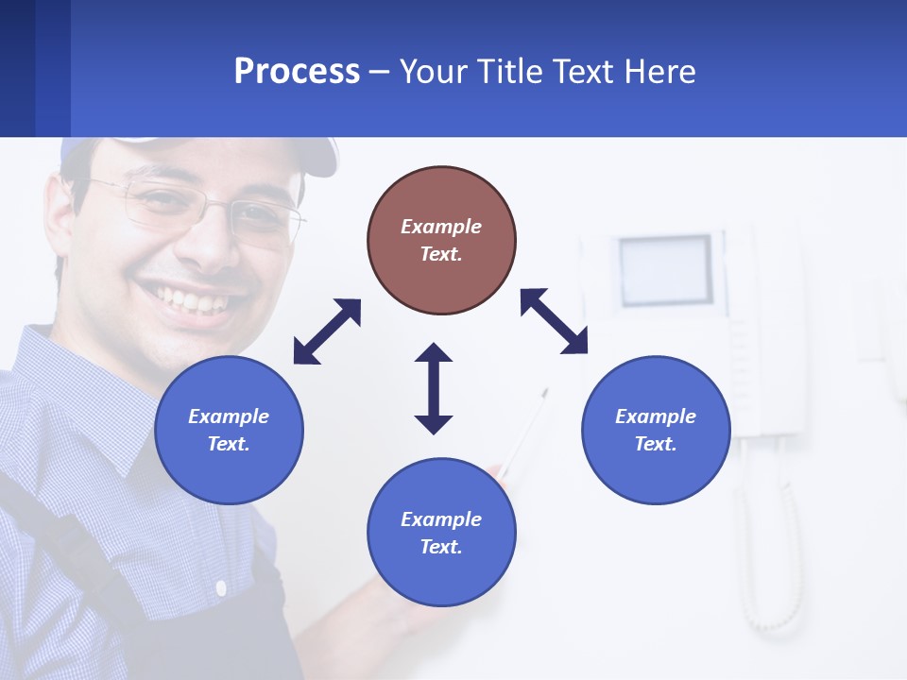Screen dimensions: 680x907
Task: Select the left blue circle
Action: [229, 430]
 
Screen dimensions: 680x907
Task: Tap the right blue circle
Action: [656, 430]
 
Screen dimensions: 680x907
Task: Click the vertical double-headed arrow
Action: [434, 388]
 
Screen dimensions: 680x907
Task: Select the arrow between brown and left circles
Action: [327, 331]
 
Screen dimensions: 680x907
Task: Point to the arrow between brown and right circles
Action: [554, 321]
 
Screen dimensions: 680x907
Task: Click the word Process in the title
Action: [297, 71]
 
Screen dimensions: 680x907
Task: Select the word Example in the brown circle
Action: [441, 227]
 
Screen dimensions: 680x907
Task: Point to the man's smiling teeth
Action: [193, 301]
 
